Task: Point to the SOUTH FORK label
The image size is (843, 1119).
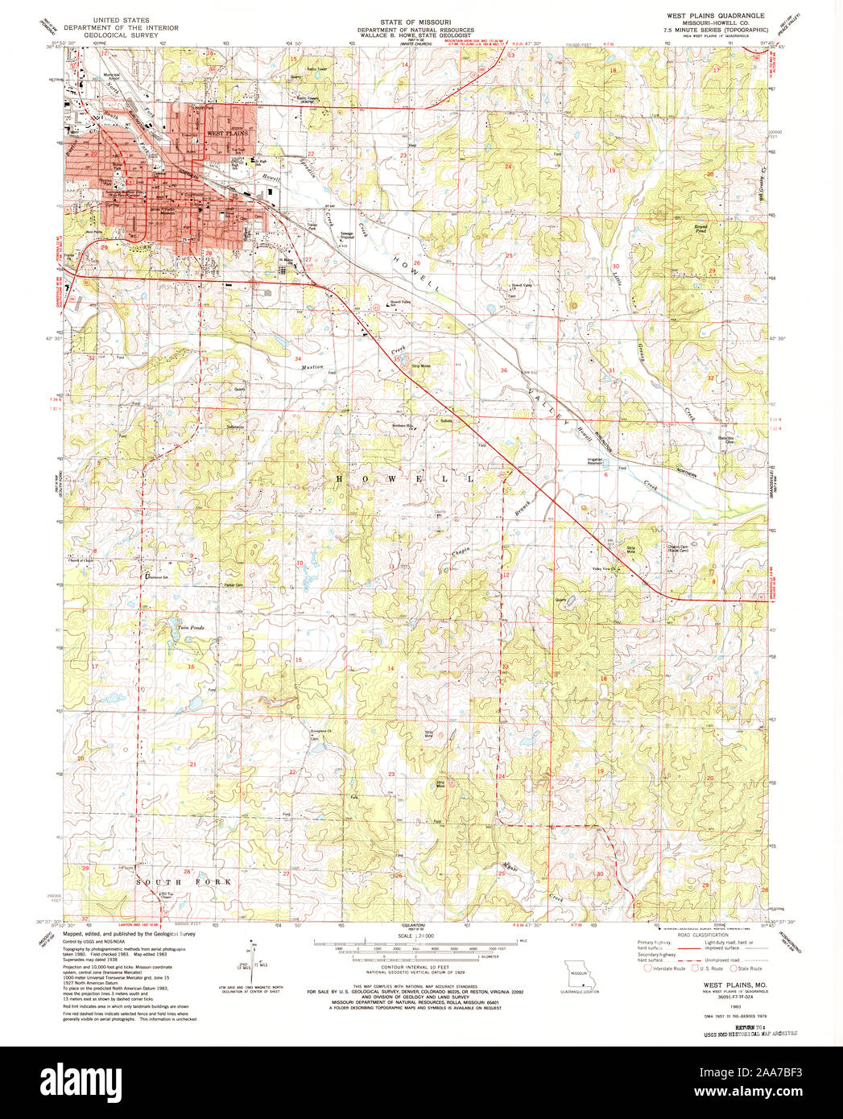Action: click(184, 882)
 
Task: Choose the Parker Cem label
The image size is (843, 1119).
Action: click(233, 584)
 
